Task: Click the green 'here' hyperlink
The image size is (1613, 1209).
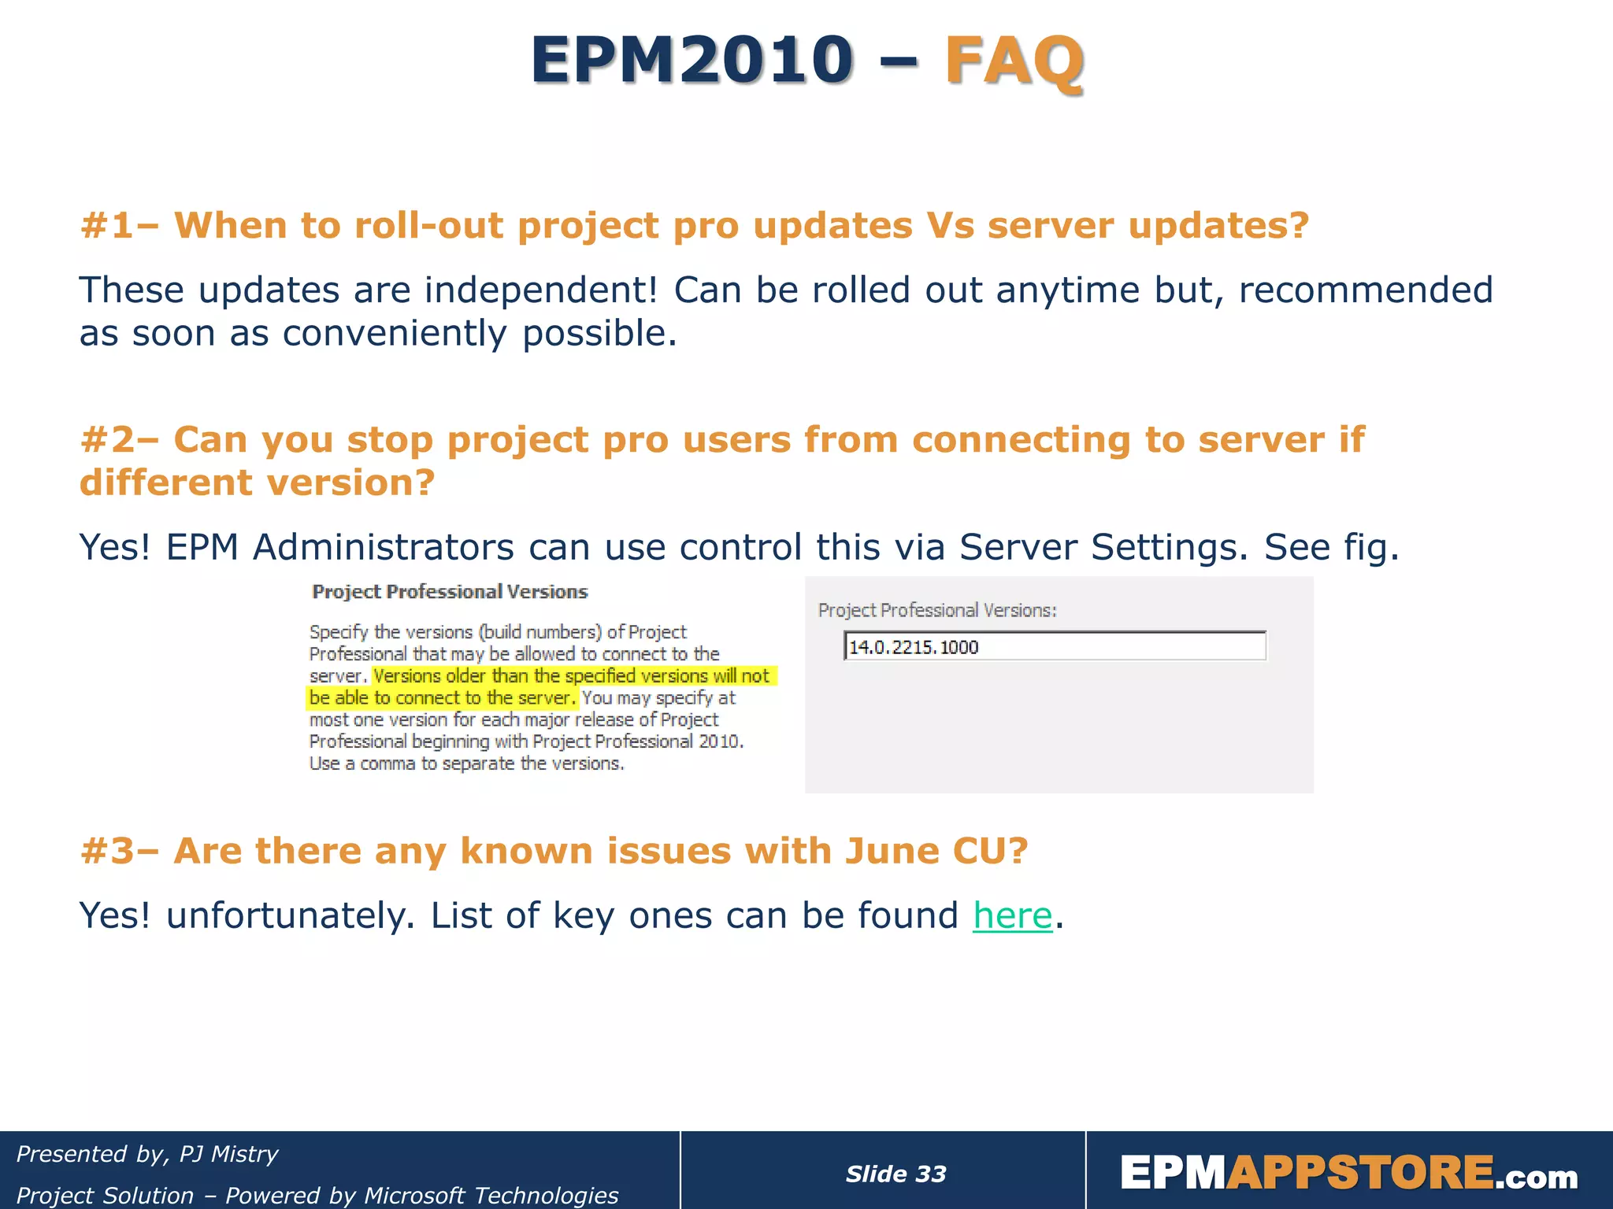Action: click(1012, 916)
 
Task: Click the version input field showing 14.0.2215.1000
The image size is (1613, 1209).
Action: click(1054, 647)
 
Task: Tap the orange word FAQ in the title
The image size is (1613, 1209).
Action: click(1014, 61)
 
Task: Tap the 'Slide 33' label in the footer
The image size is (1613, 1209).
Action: click(895, 1174)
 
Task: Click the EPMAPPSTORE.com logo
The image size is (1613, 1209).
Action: click(1348, 1174)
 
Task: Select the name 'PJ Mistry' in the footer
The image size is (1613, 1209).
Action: click(228, 1154)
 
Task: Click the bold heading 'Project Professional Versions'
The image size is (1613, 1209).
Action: click(450, 592)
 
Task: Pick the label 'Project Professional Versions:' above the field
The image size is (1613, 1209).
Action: click(937, 610)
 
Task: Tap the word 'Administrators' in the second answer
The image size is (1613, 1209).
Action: click(383, 547)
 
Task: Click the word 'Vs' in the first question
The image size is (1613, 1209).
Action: click(950, 227)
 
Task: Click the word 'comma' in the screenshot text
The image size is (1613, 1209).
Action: click(387, 763)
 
